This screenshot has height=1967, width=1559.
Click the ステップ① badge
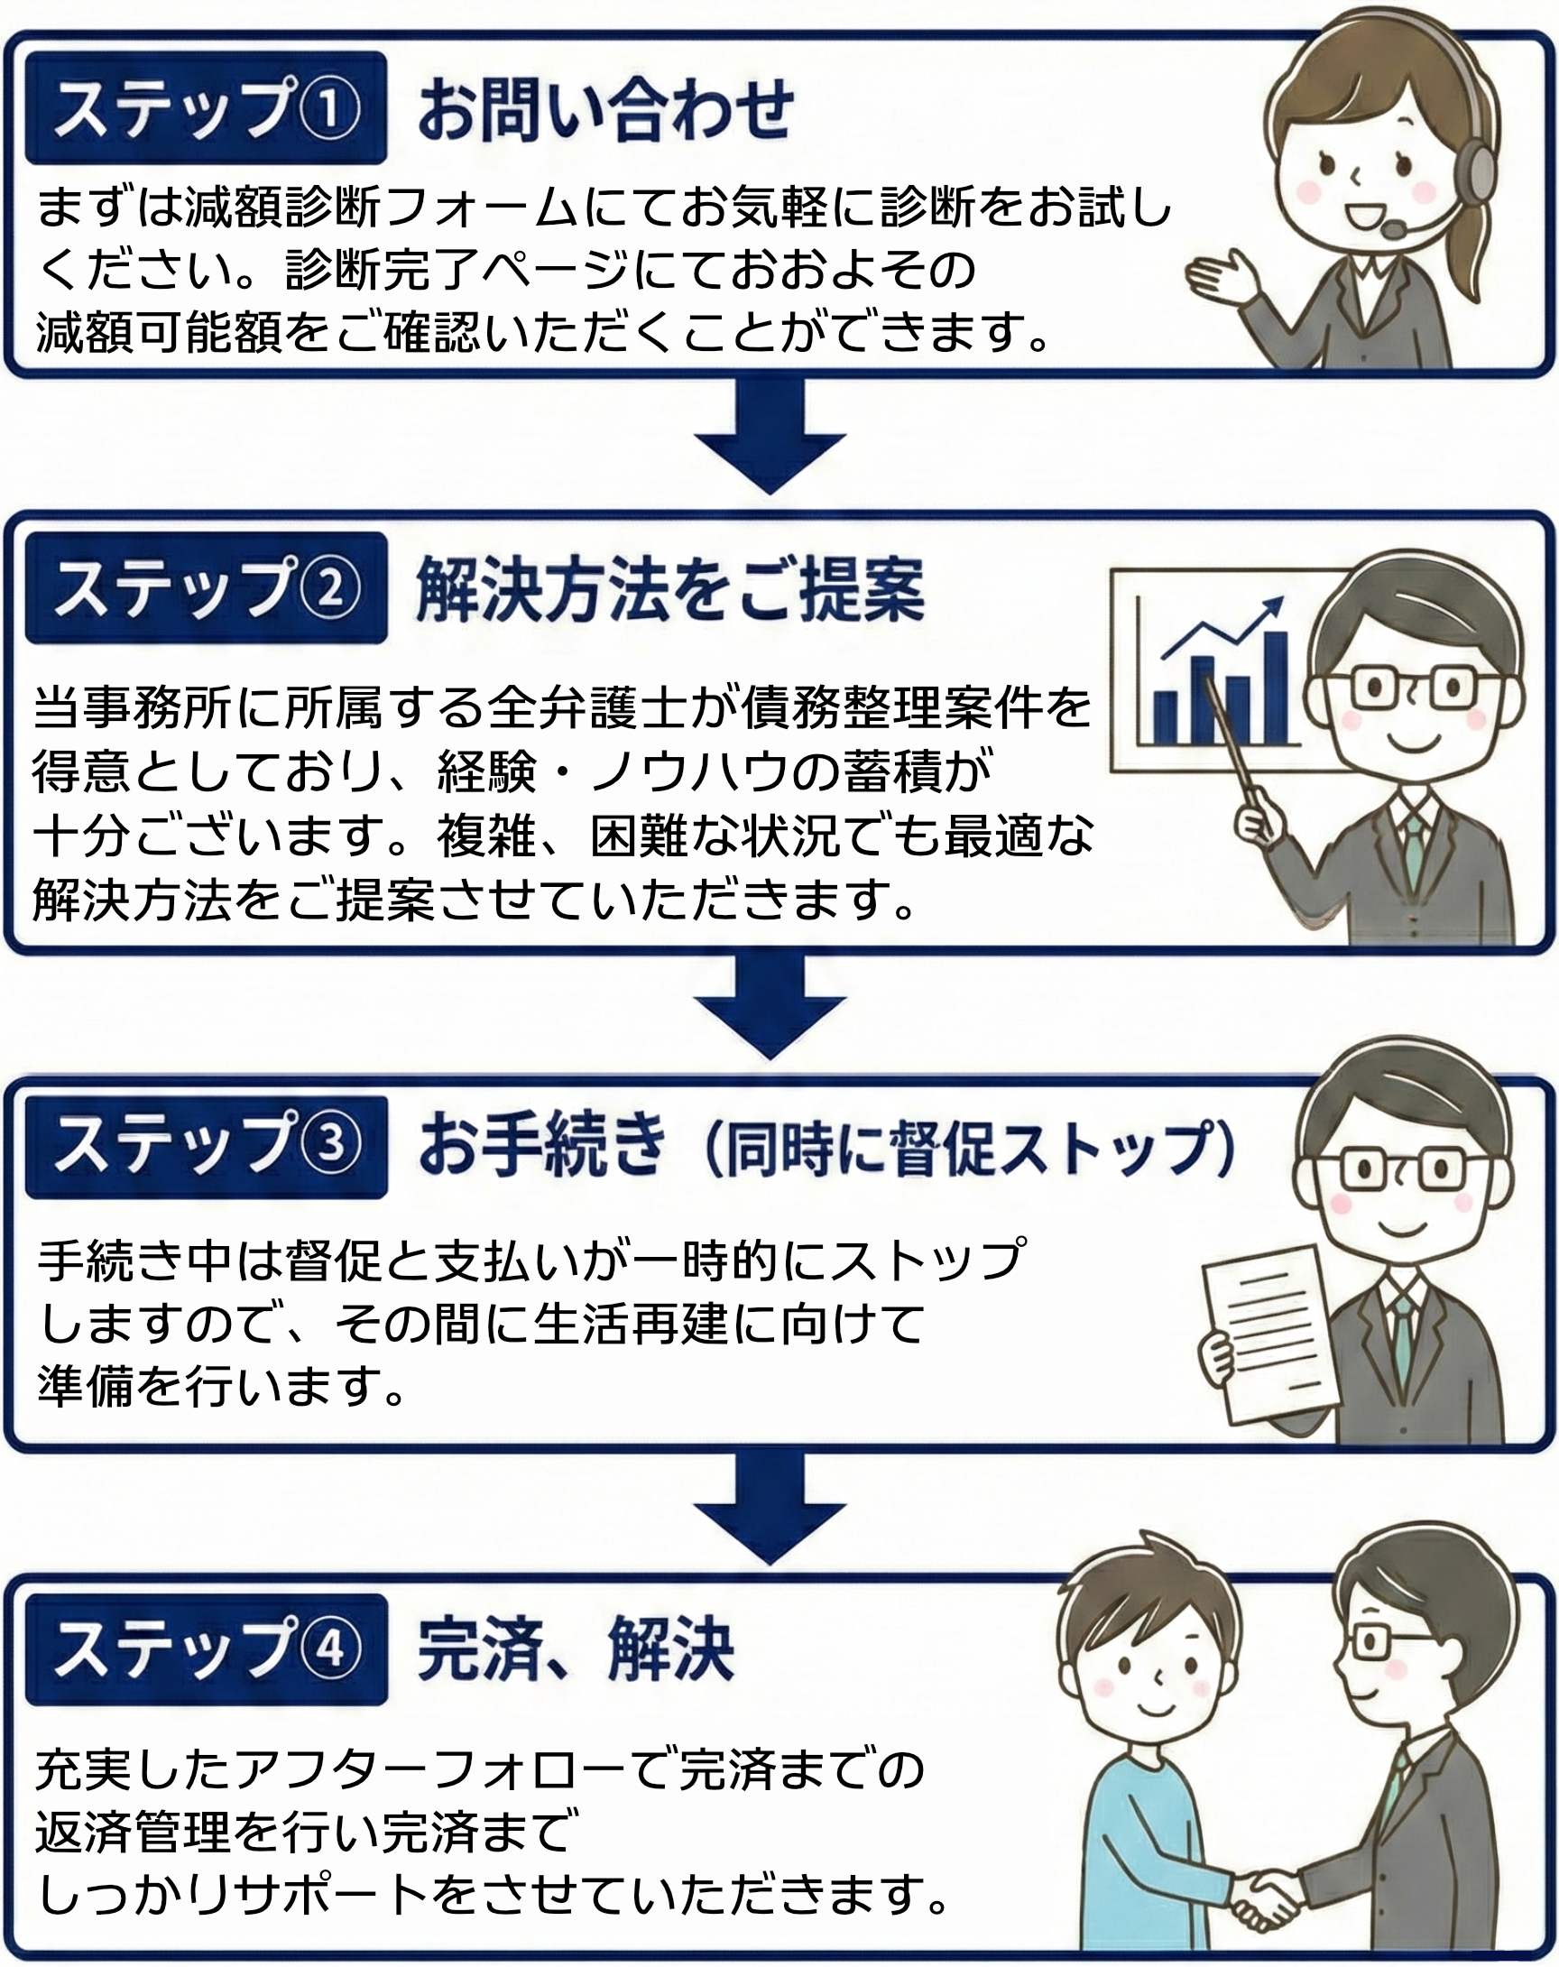(207, 107)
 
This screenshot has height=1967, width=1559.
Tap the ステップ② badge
(207, 587)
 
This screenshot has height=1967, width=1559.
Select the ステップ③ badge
(207, 1146)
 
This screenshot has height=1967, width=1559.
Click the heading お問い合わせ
(605, 109)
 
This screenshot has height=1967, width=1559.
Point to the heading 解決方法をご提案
(670, 589)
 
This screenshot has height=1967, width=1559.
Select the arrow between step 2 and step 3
(769, 1003)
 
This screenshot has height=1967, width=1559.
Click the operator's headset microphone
(1393, 228)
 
